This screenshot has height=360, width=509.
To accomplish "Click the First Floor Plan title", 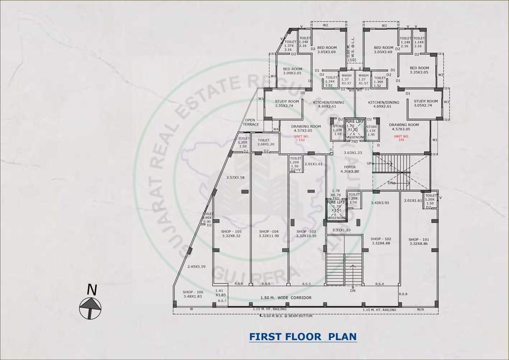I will pyautogui.click(x=302, y=337).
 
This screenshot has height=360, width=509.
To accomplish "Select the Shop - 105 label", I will pyautogui.click(x=232, y=233).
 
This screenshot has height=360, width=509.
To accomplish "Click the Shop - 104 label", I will pyautogui.click(x=269, y=233).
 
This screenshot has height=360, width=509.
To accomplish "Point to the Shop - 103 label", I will pyautogui.click(x=306, y=233).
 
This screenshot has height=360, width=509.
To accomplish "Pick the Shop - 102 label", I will pyautogui.click(x=381, y=240).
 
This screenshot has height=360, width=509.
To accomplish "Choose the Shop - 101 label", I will pyautogui.click(x=418, y=241).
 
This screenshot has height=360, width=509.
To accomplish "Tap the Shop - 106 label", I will pyautogui.click(x=192, y=293).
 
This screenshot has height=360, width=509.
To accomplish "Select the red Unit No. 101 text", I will pyautogui.click(x=402, y=138).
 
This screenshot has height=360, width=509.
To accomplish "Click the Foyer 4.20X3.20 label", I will pyautogui.click(x=349, y=169).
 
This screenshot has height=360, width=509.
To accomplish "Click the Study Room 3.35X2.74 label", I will pyautogui.click(x=287, y=103).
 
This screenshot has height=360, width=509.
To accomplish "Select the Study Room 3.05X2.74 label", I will pyautogui.click(x=426, y=103).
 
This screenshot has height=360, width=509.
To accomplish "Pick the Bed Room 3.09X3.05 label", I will pyautogui.click(x=292, y=71).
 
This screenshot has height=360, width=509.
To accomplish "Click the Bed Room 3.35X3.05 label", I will pyautogui.click(x=419, y=70).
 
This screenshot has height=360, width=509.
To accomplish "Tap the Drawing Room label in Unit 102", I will pyautogui.click(x=306, y=128).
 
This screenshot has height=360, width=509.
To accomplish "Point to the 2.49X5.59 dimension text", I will pyautogui.click(x=196, y=266).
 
